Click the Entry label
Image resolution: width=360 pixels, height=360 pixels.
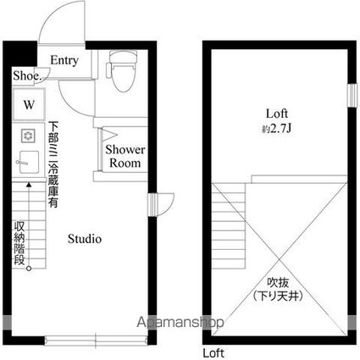tap(64, 60)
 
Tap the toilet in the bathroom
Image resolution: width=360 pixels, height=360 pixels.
tap(121, 71)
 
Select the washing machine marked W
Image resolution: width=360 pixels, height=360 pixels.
tap(29, 105)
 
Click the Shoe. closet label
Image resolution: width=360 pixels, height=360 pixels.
tap(27, 75)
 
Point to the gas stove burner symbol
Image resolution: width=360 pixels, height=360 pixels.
tap(28, 136)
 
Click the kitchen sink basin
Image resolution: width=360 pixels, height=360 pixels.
tap(29, 163)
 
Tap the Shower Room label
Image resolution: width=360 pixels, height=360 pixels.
tap(125, 156)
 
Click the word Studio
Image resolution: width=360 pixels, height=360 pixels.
tap(85, 239)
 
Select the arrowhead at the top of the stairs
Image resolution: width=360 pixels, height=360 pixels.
tap(29, 185)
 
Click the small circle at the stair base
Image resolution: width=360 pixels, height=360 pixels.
tap(29, 269)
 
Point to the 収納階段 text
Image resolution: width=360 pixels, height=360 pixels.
tap(19, 243)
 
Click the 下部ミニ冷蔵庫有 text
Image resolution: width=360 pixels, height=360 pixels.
tap(53, 164)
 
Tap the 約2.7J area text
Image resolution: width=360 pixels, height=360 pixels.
tap(276, 129)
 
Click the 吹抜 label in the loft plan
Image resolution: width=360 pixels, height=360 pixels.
tap(278, 282)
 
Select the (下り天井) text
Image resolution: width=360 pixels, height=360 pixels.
tap(278, 296)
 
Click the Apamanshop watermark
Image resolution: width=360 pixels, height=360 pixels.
tap(180, 322)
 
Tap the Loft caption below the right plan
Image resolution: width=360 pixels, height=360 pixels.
tap(213, 353)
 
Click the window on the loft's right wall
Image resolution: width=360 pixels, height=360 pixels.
tap(352, 95)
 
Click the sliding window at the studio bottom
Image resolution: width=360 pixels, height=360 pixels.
tap(96, 341)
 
